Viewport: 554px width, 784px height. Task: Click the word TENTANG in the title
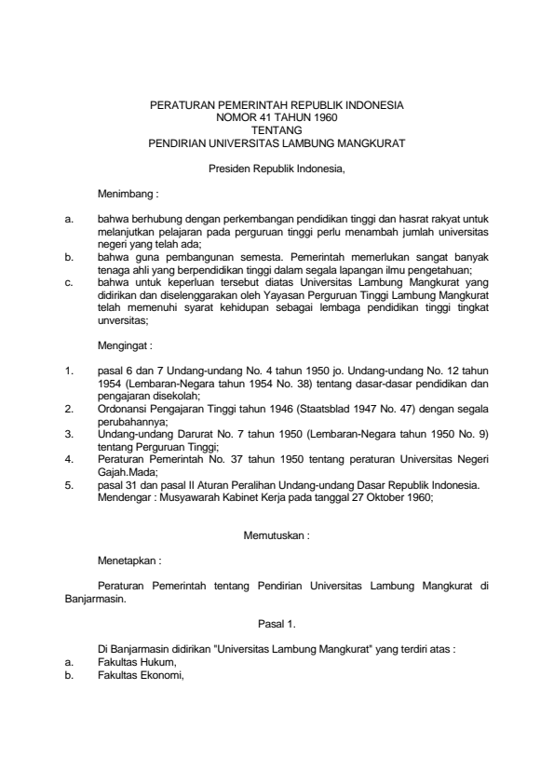coord(277,131)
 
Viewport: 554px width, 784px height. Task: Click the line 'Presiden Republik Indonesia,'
coord(277,169)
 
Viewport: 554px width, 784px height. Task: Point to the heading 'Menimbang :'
coord(128,196)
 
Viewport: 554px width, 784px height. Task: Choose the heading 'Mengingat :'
coord(127,345)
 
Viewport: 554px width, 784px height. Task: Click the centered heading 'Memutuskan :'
coord(277,535)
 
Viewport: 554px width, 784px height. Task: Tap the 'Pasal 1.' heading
coord(277,621)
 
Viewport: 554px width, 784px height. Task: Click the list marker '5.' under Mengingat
coord(69,483)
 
